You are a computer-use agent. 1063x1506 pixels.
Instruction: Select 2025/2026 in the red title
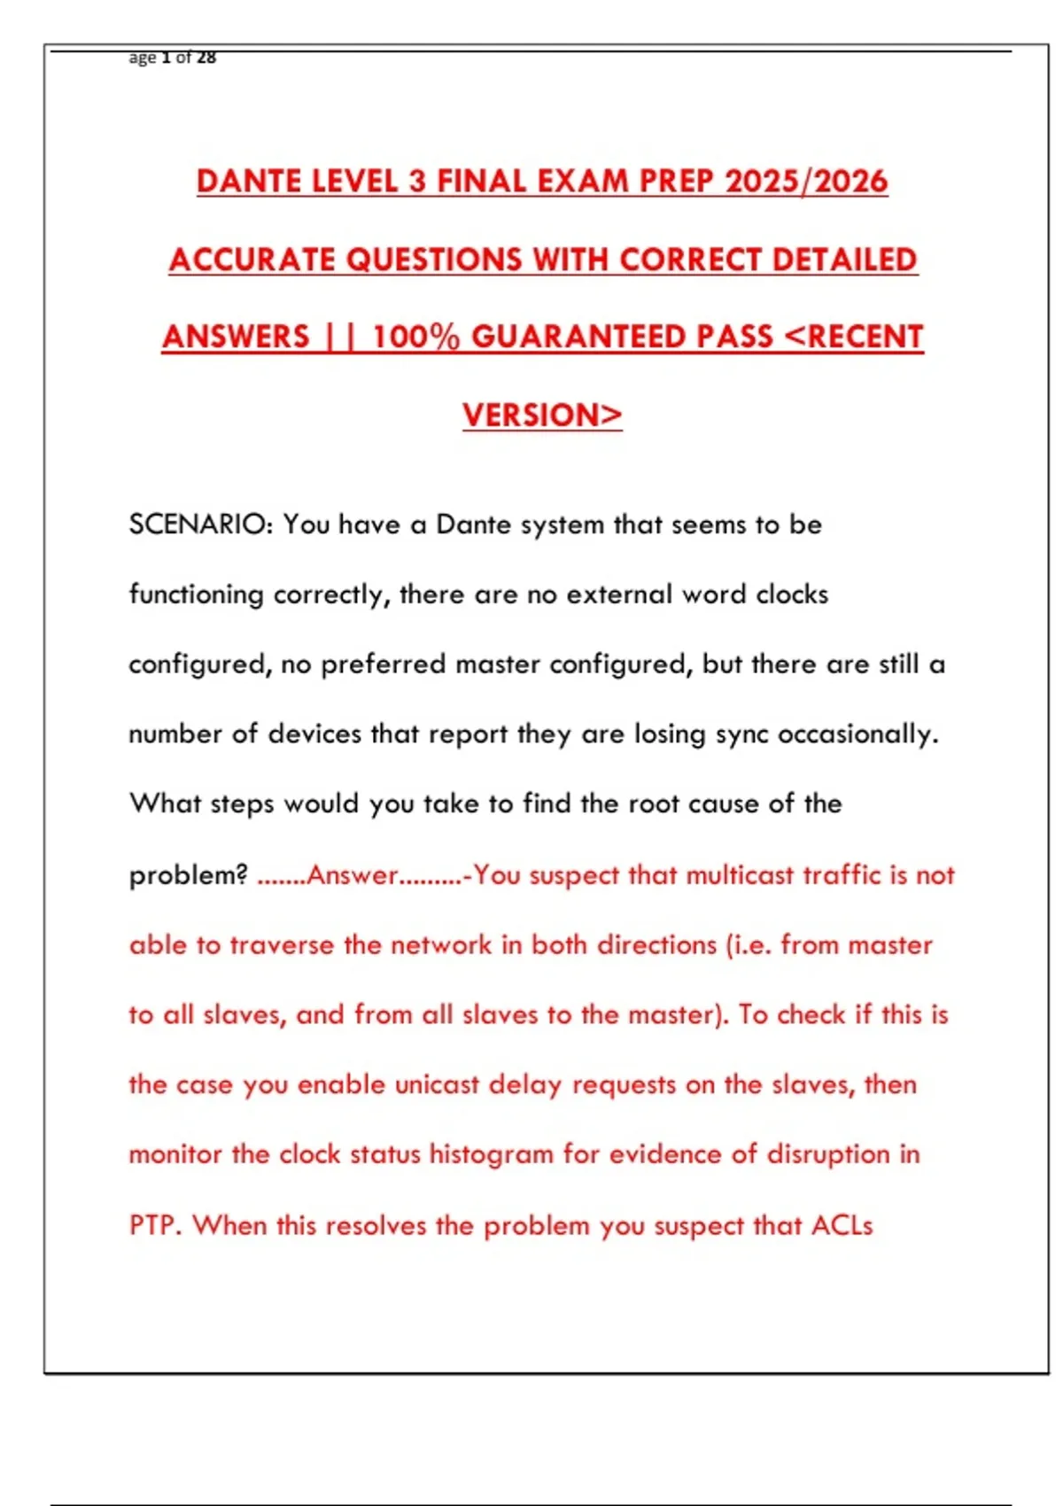tap(805, 182)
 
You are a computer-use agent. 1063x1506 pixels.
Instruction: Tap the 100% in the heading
tap(415, 338)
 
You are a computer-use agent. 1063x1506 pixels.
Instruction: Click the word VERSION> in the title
tap(542, 415)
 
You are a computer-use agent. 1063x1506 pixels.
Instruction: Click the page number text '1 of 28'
tap(189, 58)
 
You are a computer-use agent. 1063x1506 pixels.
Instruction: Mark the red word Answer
tap(353, 875)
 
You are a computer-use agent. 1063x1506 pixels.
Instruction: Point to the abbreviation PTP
tap(155, 1225)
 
